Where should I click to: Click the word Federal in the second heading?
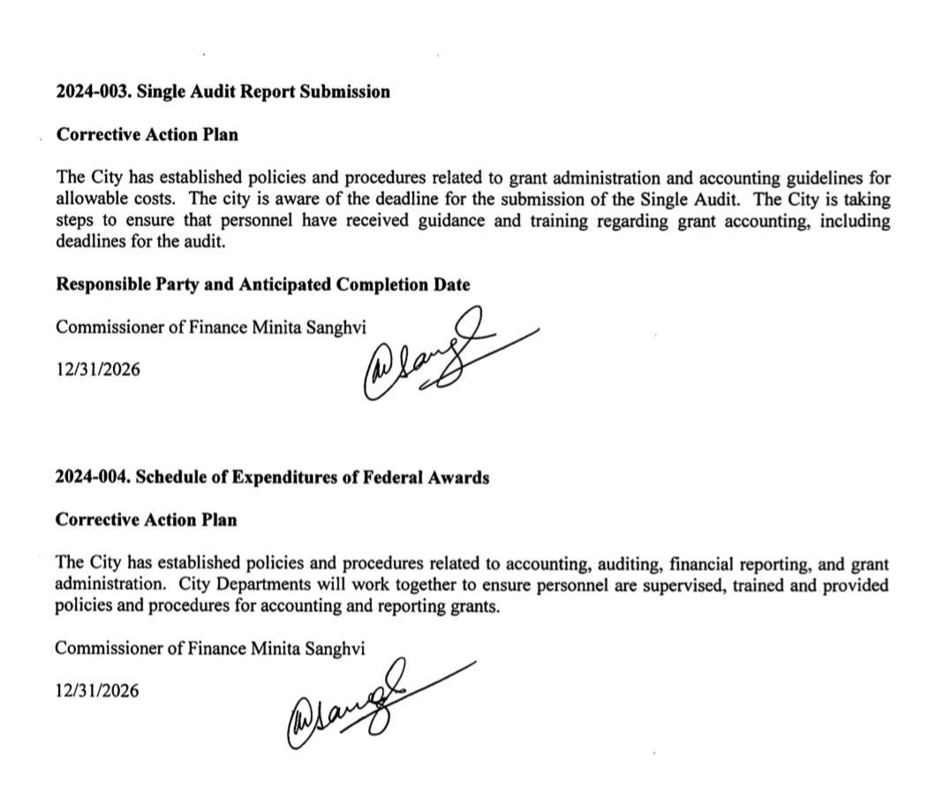tap(393, 478)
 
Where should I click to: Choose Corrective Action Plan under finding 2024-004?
tap(146, 520)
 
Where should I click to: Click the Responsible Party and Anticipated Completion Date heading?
tap(262, 284)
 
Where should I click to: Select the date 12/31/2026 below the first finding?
tap(97, 370)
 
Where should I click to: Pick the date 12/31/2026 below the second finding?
tap(97, 691)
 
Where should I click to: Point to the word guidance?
tap(449, 221)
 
